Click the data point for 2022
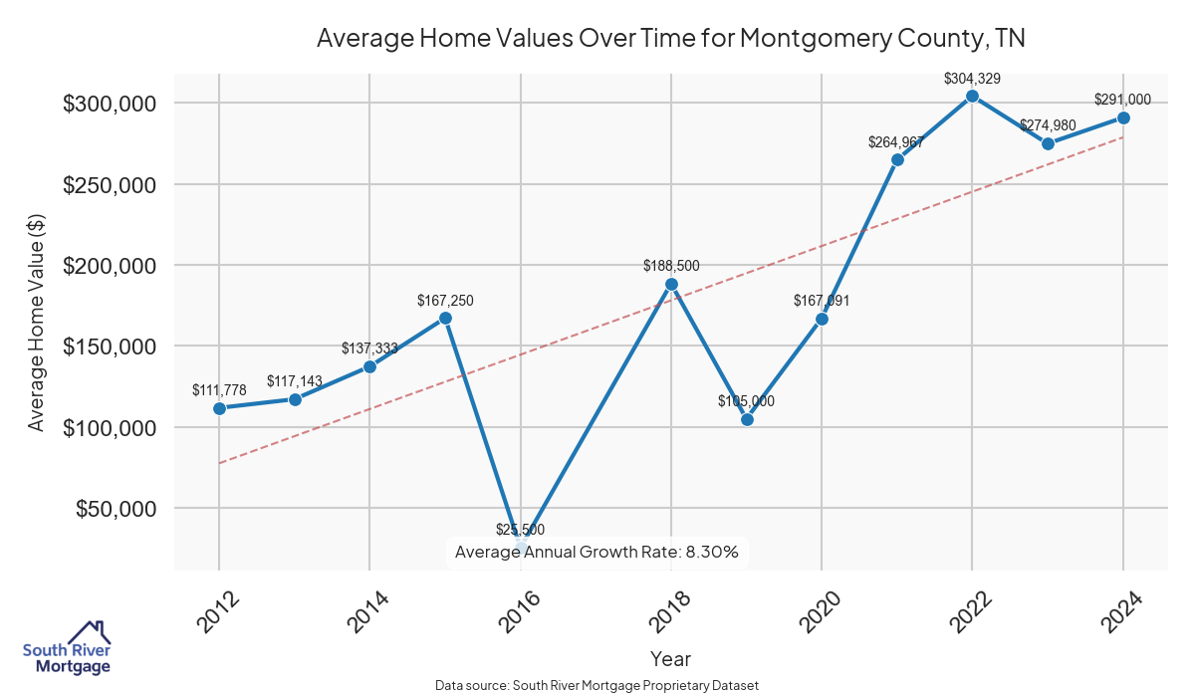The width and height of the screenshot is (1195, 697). [x=972, y=97]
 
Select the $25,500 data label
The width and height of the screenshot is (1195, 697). [x=521, y=530]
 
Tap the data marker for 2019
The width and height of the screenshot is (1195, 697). [x=747, y=419]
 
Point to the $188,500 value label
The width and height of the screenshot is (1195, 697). [x=671, y=266]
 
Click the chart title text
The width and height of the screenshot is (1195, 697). [x=671, y=39]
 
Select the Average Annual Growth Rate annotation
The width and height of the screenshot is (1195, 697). [x=597, y=552]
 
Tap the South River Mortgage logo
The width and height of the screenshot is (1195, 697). [x=67, y=648]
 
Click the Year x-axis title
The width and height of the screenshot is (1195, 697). [x=670, y=658]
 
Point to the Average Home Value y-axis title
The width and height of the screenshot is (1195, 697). [x=37, y=322]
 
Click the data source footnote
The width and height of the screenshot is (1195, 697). [x=597, y=685]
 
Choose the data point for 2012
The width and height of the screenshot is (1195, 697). [x=219, y=408]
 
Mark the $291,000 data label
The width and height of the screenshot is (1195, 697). [x=1123, y=100]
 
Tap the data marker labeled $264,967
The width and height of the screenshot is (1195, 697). [x=897, y=159]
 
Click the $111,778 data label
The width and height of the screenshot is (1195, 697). [x=219, y=389]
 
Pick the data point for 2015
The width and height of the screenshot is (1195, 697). [x=445, y=319]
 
